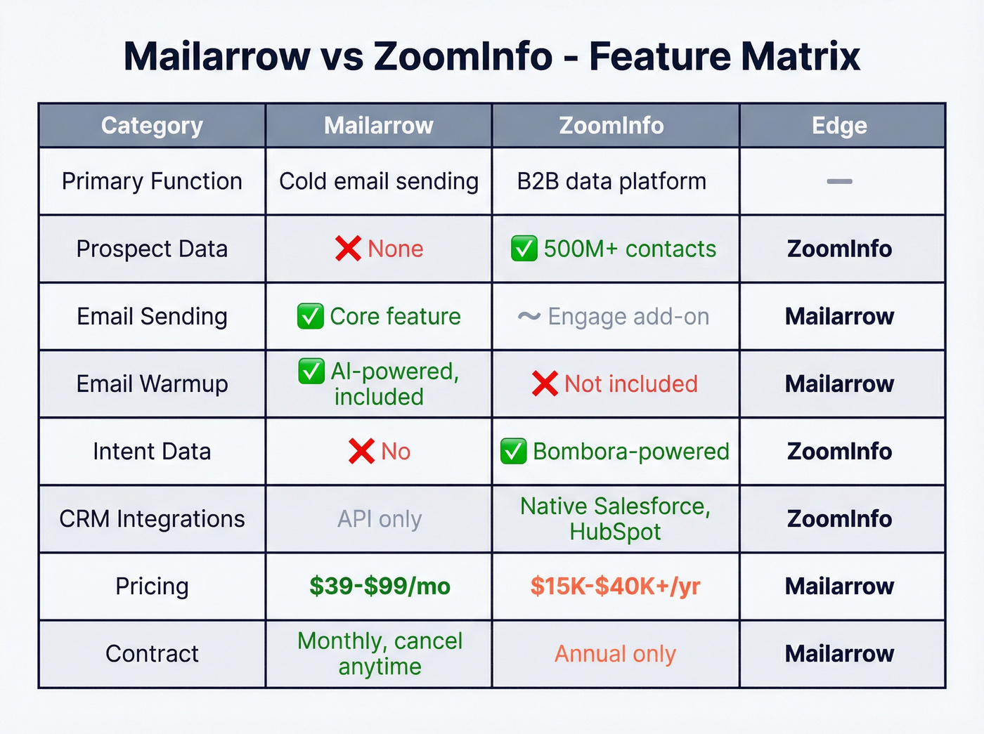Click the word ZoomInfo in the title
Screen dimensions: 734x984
click(463, 56)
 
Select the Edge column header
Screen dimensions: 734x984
click(839, 126)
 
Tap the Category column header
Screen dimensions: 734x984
click(152, 126)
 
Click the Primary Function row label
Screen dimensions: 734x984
click(152, 181)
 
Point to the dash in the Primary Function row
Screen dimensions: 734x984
click(839, 181)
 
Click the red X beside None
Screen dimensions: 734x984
click(348, 249)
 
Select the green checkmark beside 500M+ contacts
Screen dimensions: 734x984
click(524, 249)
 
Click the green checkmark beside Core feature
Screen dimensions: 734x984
click(311, 317)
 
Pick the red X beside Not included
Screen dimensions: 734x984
click(545, 384)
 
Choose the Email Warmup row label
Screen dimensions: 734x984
click(152, 384)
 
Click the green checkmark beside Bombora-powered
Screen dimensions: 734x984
click(513, 452)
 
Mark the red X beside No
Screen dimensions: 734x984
click(361, 452)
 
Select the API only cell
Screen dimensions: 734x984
click(380, 519)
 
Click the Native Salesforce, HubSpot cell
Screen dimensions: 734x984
click(615, 519)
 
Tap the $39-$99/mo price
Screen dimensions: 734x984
click(380, 586)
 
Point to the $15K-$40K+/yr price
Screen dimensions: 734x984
click(615, 586)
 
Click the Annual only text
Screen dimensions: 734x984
click(615, 654)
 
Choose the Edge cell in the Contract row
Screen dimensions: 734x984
click(839, 654)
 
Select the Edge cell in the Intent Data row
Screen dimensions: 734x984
click(839, 452)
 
